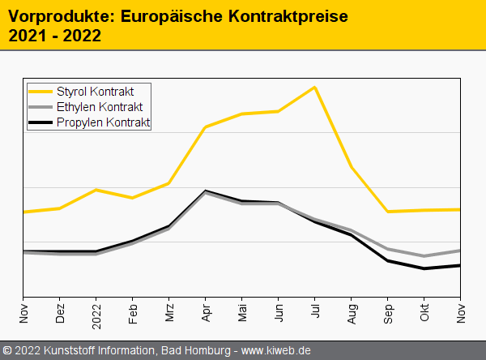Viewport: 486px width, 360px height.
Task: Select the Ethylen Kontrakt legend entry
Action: (x=100, y=107)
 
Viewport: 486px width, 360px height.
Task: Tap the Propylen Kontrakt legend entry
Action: (x=103, y=123)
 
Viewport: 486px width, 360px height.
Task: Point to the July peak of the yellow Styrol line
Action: (x=314, y=87)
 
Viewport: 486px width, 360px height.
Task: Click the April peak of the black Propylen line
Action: (x=206, y=191)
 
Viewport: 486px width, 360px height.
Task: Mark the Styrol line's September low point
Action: (x=388, y=212)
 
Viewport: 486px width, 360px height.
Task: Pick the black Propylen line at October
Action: (x=424, y=268)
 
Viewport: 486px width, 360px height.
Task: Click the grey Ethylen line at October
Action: (x=424, y=256)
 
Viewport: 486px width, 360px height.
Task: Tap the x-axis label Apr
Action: (x=206, y=311)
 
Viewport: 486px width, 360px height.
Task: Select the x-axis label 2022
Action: (x=96, y=314)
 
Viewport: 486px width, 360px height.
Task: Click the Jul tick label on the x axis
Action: (x=315, y=311)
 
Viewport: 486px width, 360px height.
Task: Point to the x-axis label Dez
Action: (x=60, y=312)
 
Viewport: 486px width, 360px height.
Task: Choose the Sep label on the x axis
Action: (x=388, y=312)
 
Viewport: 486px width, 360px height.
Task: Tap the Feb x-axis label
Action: (x=133, y=312)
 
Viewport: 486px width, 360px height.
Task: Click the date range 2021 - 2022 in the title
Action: (x=54, y=36)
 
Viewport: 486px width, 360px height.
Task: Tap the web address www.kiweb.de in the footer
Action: (x=276, y=350)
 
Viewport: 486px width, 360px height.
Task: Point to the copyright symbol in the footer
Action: (x=8, y=350)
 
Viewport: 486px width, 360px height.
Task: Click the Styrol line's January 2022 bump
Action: (x=96, y=190)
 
